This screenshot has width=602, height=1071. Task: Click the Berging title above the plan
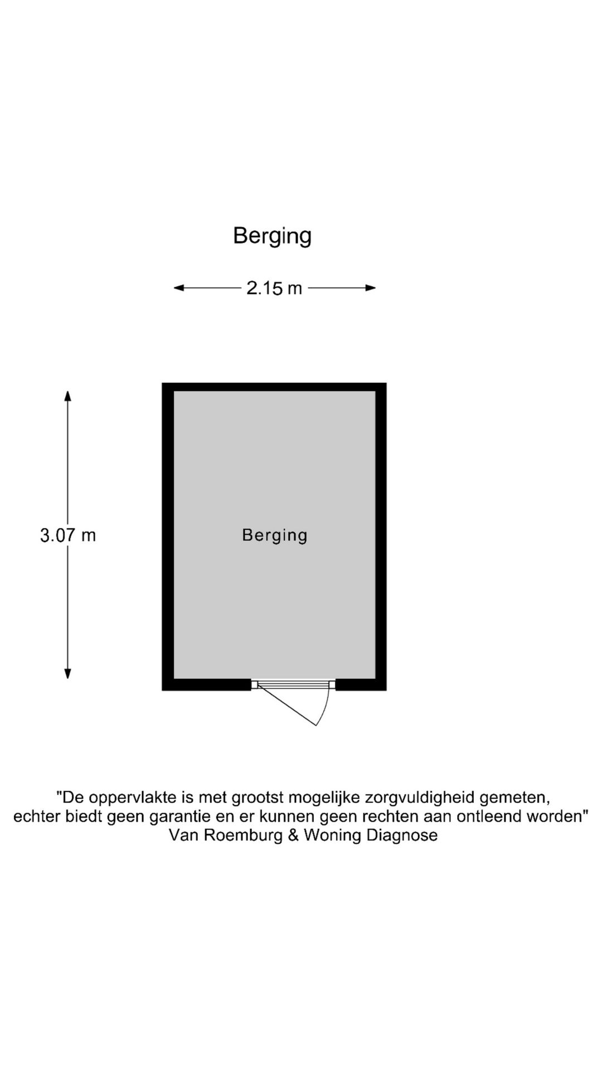pos(272,236)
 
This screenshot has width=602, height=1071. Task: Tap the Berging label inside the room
pos(275,536)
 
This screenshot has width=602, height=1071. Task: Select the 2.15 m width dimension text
pos(274,288)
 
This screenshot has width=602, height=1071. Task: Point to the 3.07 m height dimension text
pos(68,535)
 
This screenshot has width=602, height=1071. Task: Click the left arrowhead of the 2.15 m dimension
pos(179,288)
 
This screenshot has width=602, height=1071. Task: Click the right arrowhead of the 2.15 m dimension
pos(370,288)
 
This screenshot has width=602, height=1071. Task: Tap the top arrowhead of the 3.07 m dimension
pos(67,396)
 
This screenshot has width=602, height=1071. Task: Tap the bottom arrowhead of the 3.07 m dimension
pos(67,673)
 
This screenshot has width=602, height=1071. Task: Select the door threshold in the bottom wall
pos(293,684)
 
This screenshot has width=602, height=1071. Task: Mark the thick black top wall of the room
pos(274,387)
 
